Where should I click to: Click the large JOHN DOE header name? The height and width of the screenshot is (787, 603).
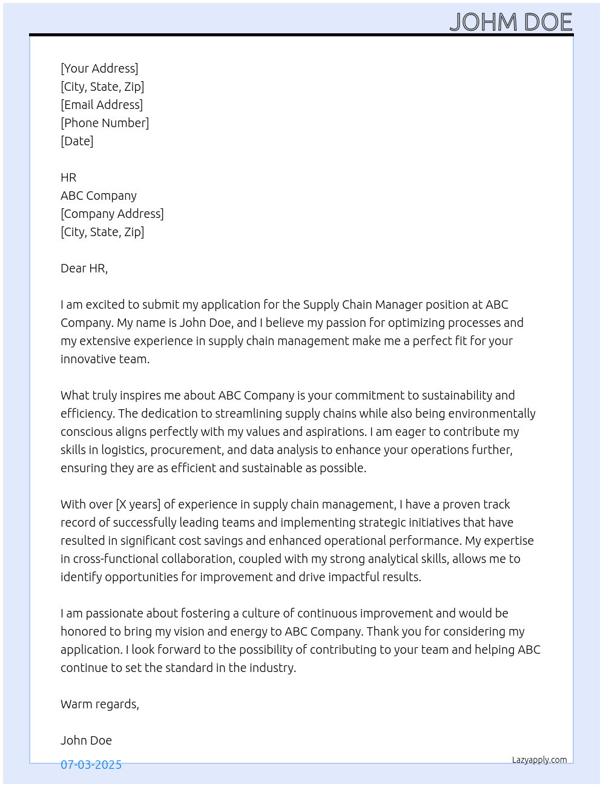click(x=510, y=22)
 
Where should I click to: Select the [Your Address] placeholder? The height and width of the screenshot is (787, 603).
click(x=99, y=68)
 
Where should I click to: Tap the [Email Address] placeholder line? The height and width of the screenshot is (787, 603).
click(x=102, y=105)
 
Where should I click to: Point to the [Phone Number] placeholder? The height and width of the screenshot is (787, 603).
click(x=105, y=123)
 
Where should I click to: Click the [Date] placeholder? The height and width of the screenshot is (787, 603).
click(x=77, y=141)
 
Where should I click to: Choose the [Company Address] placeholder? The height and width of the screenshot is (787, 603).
click(x=112, y=214)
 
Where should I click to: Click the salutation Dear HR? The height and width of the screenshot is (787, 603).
click(x=84, y=268)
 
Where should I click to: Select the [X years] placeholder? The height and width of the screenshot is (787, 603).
click(x=138, y=504)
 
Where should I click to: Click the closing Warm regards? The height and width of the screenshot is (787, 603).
click(x=100, y=704)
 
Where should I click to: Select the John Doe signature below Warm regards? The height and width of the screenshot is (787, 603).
click(x=86, y=740)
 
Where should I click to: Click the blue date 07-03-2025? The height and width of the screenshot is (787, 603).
click(x=91, y=765)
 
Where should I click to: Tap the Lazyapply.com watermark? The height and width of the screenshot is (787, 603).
click(x=539, y=760)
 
